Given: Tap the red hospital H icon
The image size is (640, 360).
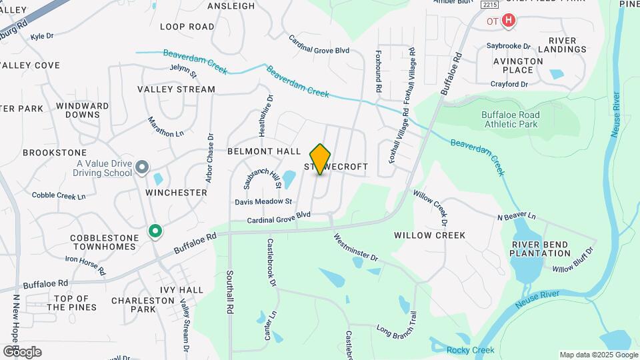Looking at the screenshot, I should [509, 21].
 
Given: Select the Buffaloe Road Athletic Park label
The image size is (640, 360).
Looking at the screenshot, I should [510, 119].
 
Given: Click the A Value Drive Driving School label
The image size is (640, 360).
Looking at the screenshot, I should [103, 168].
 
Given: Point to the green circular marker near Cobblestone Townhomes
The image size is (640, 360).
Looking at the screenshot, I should [155, 231].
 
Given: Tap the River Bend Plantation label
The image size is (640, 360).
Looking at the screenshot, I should [541, 249].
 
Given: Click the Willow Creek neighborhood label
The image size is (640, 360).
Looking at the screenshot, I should [429, 235].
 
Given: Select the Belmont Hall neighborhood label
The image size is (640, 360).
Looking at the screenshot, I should [264, 151].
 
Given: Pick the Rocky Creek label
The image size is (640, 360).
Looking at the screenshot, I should [471, 351].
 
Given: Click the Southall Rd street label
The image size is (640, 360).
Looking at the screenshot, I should [229, 293].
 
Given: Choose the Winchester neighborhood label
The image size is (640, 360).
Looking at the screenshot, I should [176, 192].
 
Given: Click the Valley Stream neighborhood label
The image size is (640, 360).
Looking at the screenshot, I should [176, 89].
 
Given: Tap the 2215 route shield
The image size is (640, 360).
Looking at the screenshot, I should [489, 5].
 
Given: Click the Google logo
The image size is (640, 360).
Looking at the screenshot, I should [22, 352].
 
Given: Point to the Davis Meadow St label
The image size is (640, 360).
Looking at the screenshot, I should [263, 201].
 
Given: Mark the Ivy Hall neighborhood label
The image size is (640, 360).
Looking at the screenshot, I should [181, 290].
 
